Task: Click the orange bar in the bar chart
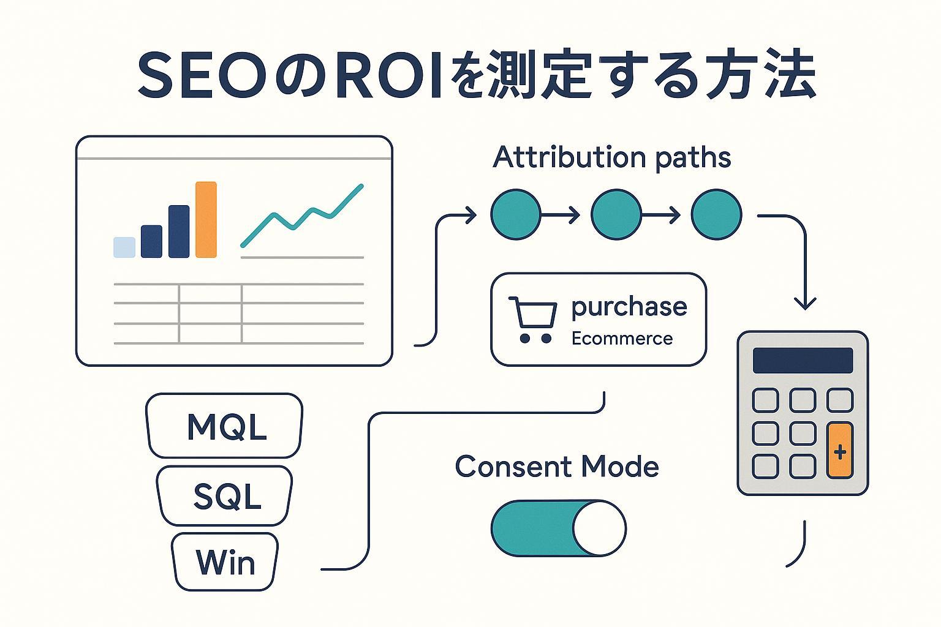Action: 206,220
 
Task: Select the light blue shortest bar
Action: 124,247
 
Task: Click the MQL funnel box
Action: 225,426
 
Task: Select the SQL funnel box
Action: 225,495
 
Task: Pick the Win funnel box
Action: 225,561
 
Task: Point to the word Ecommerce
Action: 622,339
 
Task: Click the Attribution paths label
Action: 611,157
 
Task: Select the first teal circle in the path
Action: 516,214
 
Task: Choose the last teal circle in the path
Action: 716,214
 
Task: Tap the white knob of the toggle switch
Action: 599,528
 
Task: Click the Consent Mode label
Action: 556,467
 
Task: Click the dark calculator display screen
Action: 803,361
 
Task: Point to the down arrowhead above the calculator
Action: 804,302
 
